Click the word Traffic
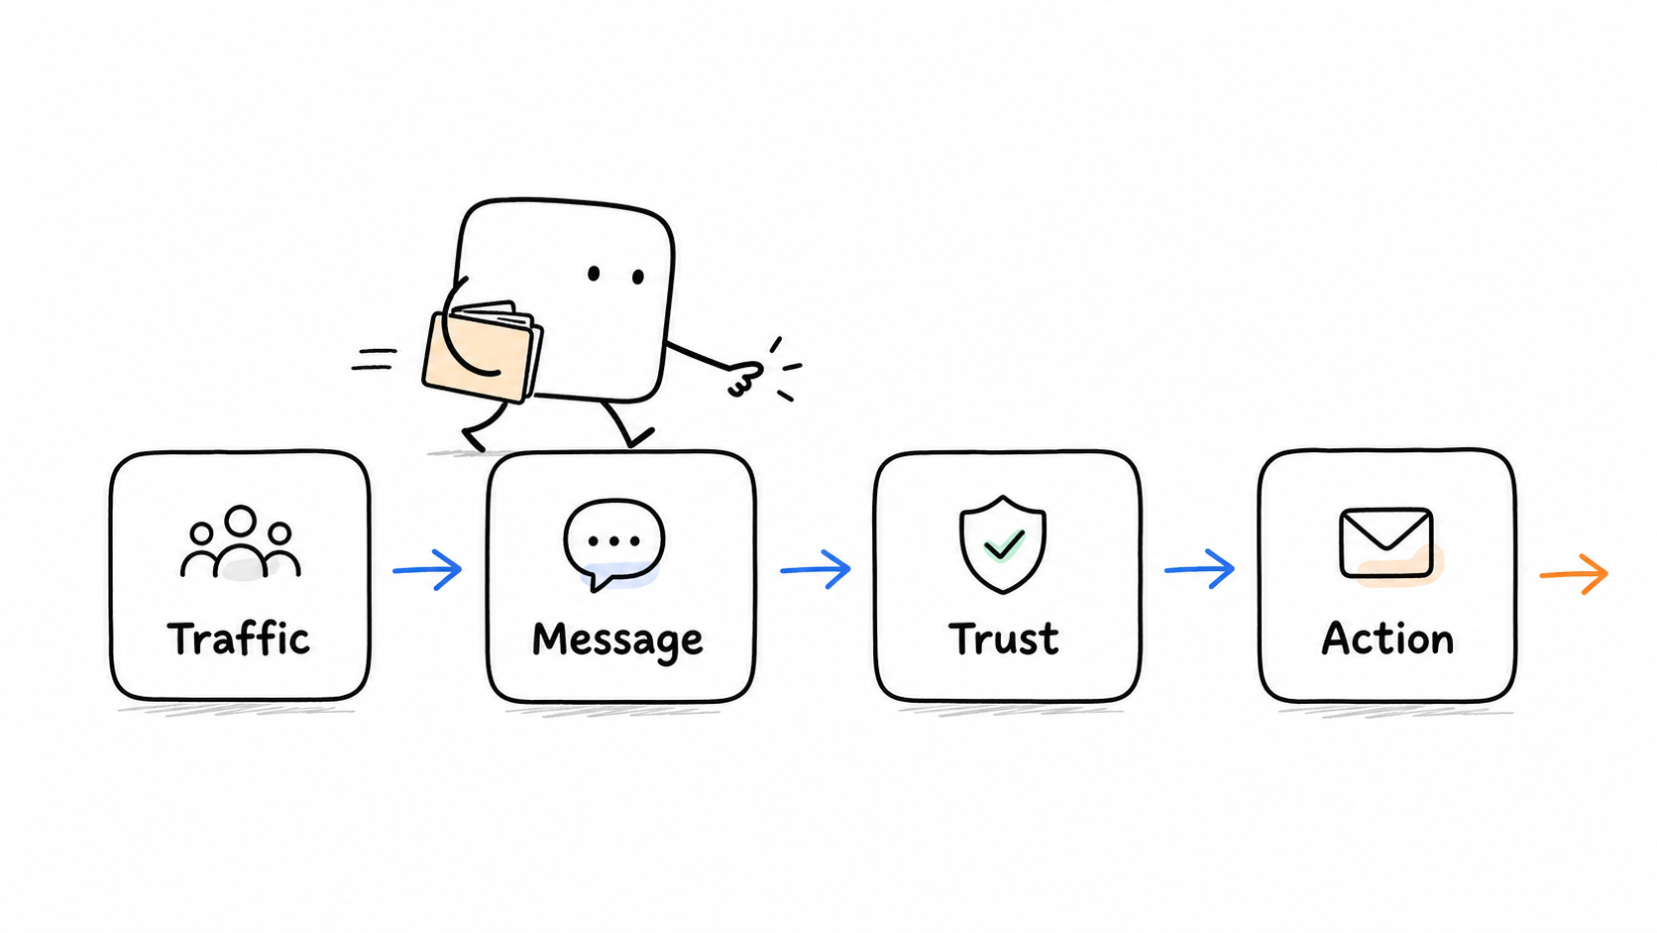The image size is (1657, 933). [238, 639]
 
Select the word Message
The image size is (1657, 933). [617, 641]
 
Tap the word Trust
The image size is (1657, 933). [1004, 639]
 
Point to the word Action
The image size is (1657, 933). [1387, 639]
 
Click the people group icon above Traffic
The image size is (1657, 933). [241, 542]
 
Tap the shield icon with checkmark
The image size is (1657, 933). [1002, 543]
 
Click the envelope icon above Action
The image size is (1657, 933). [1387, 543]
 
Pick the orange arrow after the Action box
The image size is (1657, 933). [1574, 573]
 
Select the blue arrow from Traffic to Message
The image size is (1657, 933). [427, 570]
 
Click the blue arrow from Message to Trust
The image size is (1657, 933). [816, 570]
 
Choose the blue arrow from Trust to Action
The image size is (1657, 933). [1200, 569]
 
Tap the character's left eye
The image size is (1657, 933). [594, 274]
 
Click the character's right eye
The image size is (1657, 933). [637, 277]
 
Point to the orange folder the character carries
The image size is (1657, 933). [483, 351]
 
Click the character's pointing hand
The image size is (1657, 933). [745, 379]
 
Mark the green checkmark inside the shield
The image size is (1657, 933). [1004, 545]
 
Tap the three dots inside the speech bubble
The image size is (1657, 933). [614, 541]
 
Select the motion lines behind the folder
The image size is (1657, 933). [374, 359]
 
